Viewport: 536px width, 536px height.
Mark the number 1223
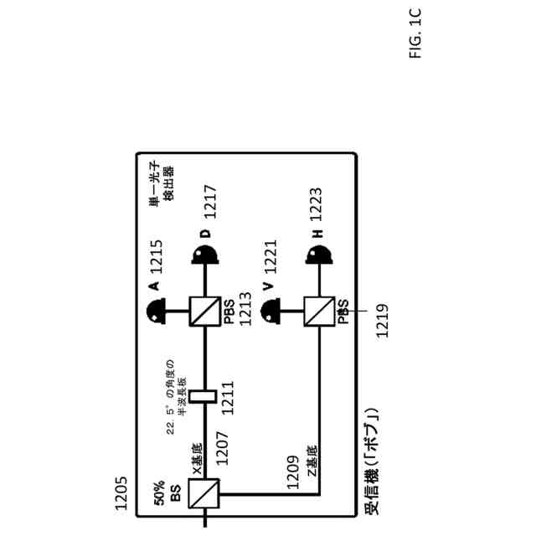pyautogui.click(x=319, y=201)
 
